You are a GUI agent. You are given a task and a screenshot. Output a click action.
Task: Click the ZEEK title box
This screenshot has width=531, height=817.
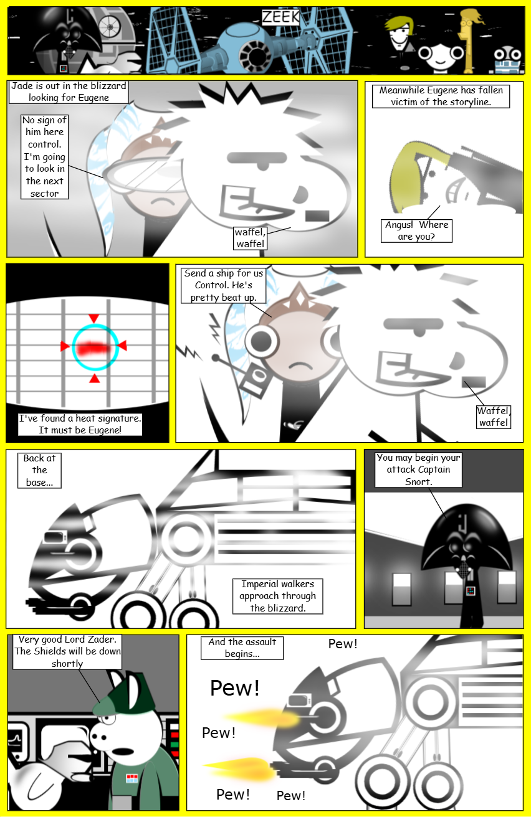click(x=280, y=17)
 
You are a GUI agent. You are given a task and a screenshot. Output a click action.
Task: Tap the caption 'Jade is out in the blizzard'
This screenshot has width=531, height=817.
click(x=69, y=86)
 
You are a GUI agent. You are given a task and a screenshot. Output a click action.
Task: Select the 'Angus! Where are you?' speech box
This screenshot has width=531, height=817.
click(x=416, y=230)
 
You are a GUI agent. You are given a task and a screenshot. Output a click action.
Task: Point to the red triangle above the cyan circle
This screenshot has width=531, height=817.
click(x=93, y=318)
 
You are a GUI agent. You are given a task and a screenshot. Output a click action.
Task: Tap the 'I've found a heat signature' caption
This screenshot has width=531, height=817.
click(x=80, y=424)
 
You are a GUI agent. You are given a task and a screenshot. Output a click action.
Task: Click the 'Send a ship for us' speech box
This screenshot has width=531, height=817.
click(x=223, y=285)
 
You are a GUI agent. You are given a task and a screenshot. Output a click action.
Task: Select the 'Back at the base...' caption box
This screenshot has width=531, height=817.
click(x=39, y=470)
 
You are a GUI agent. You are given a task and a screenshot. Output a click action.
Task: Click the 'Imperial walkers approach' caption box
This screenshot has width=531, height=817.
click(x=278, y=596)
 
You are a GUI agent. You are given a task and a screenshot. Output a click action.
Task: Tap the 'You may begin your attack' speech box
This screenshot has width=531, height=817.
click(x=418, y=470)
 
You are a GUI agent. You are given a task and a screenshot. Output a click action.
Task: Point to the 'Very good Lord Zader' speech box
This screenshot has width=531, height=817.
click(x=67, y=651)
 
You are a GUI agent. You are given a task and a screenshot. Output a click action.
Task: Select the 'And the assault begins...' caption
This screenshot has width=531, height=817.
click(x=242, y=648)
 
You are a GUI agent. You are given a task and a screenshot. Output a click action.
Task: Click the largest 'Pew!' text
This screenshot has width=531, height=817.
click(x=235, y=688)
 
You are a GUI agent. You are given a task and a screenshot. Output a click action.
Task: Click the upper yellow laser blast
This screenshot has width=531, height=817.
click(x=261, y=718)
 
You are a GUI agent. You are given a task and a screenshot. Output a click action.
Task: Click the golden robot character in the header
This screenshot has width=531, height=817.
click(x=468, y=40)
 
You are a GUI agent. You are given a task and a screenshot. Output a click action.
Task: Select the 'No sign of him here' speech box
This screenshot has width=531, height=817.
click(x=44, y=156)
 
